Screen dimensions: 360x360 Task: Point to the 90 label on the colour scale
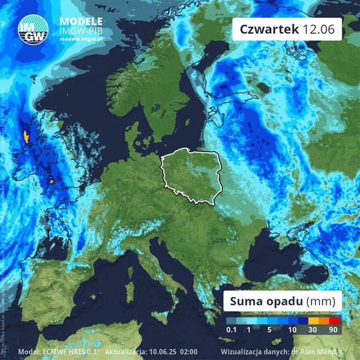point(334,331)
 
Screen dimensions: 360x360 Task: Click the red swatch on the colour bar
point(334,320)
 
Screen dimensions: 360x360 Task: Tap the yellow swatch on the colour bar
point(312,320)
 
